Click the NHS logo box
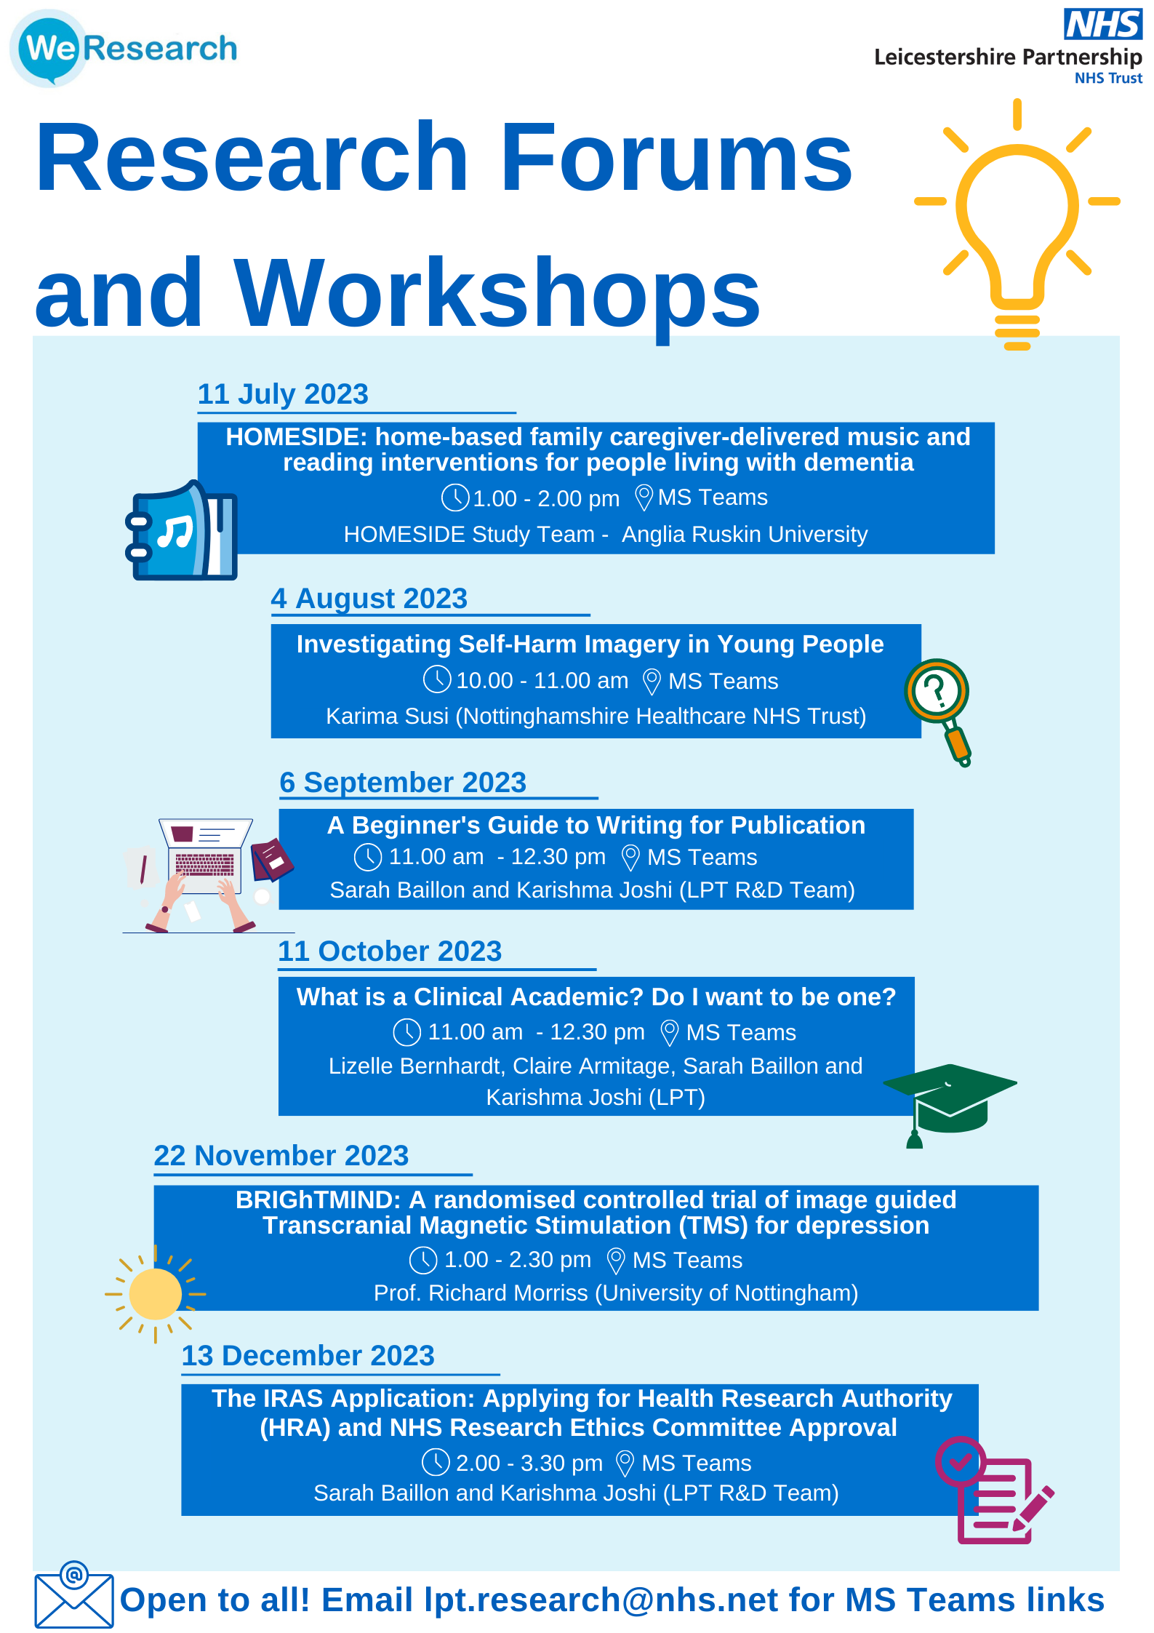pos(1103,23)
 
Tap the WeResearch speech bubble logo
pos(48,48)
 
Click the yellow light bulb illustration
pos(1017,224)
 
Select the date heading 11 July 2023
pos(283,394)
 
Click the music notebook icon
pos(181,530)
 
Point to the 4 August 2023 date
pos(369,599)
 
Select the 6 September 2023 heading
pos(403,783)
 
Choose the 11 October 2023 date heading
pos(390,951)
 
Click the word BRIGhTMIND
pos(318,1199)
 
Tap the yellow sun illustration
pos(155,1294)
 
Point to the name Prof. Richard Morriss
pos(481,1293)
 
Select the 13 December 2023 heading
pos(308,1356)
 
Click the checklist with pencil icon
pos(994,1490)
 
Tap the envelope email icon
pos(74,1594)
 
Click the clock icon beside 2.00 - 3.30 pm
pos(436,1462)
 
